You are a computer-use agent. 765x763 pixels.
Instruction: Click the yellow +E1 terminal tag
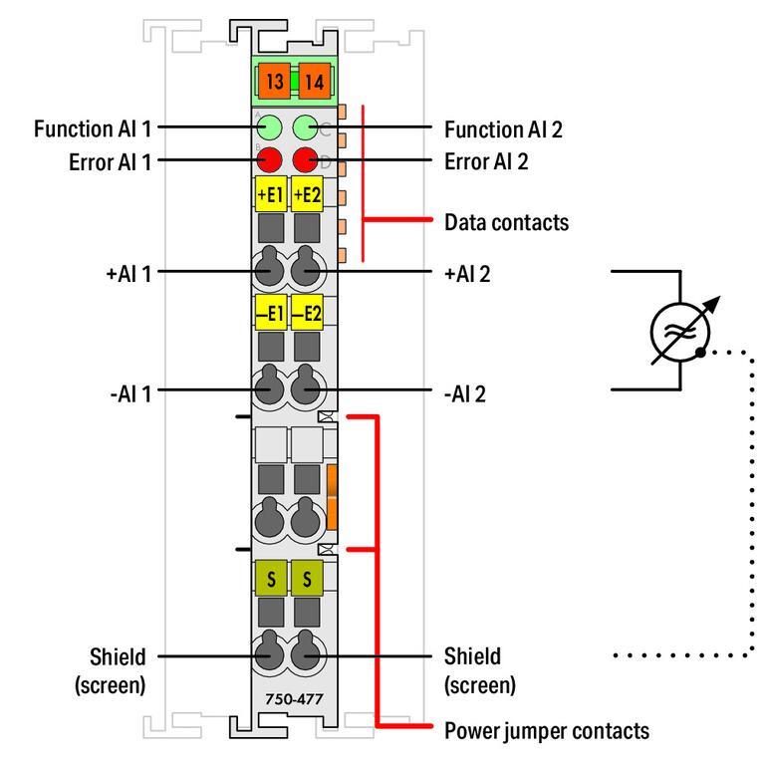click(x=270, y=193)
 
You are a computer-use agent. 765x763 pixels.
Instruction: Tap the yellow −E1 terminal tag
click(x=270, y=314)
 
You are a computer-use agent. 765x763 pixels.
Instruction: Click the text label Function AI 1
click(x=93, y=128)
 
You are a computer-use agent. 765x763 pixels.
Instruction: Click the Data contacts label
click(x=507, y=222)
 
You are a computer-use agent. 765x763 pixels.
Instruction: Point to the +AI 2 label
click(x=468, y=271)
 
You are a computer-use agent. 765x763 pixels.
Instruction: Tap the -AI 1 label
click(x=128, y=390)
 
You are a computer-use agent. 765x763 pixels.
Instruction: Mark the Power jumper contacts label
click(x=546, y=731)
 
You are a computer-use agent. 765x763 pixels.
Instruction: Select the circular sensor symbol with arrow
click(x=681, y=329)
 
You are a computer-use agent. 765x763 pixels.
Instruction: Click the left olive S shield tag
click(x=270, y=580)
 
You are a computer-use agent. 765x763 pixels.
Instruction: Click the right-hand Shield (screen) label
click(x=480, y=670)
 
